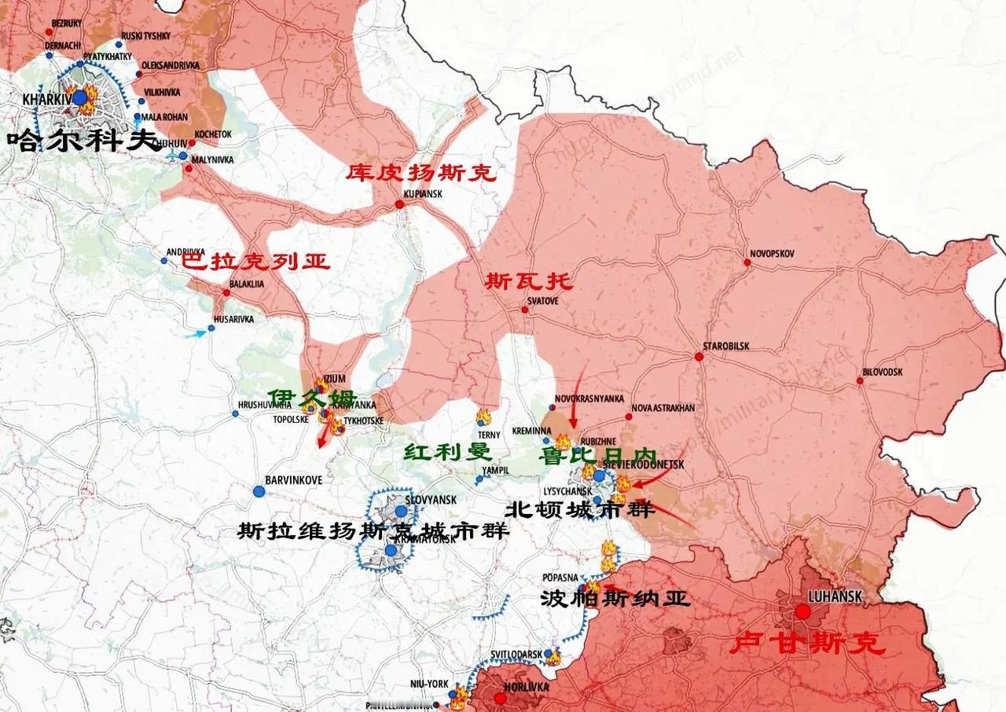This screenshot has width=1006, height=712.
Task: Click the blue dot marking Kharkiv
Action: coord(79,97)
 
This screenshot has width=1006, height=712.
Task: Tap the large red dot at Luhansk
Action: coord(802,611)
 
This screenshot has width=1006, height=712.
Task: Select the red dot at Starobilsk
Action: coord(698,357)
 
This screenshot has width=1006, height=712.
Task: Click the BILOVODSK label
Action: coord(882,371)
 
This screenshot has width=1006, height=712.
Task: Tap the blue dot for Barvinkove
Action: coord(259,491)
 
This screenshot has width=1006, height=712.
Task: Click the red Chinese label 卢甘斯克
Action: coord(807,644)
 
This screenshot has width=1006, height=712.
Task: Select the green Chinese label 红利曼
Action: coord(447,452)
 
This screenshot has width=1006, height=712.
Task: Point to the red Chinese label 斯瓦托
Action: coord(529,281)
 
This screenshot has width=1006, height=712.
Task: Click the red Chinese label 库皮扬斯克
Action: coord(421,172)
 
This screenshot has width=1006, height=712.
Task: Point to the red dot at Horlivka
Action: coord(500,698)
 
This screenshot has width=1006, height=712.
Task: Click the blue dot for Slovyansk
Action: coord(401,511)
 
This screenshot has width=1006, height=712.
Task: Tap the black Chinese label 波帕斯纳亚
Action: coord(615,600)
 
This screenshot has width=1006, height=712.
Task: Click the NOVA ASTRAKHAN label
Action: coord(663,408)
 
